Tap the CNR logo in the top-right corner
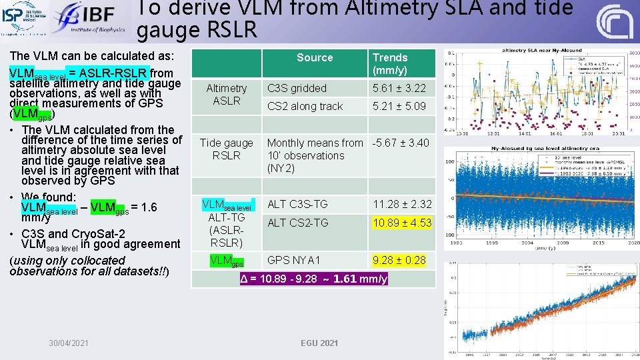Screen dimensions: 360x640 coord(614,21)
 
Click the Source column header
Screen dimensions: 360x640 coord(315,58)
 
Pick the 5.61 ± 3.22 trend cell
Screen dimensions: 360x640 coord(399,88)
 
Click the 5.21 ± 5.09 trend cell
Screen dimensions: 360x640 coord(399,106)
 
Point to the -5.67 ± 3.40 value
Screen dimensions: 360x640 coord(401,143)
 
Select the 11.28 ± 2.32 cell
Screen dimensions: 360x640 coord(402,204)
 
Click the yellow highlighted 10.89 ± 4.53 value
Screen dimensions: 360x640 coord(402,223)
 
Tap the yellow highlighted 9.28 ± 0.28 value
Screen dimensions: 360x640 coord(399,260)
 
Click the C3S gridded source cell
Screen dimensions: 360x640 coord(297,88)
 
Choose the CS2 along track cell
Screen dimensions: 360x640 coord(305,106)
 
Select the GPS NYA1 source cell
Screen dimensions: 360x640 coord(294,260)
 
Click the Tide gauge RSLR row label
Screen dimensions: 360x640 coord(227,149)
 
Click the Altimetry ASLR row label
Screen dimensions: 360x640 coord(227,94)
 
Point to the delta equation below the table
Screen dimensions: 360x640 coord(313,279)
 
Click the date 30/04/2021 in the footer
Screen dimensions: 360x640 coord(69,343)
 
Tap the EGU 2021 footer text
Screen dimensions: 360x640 coord(319,343)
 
